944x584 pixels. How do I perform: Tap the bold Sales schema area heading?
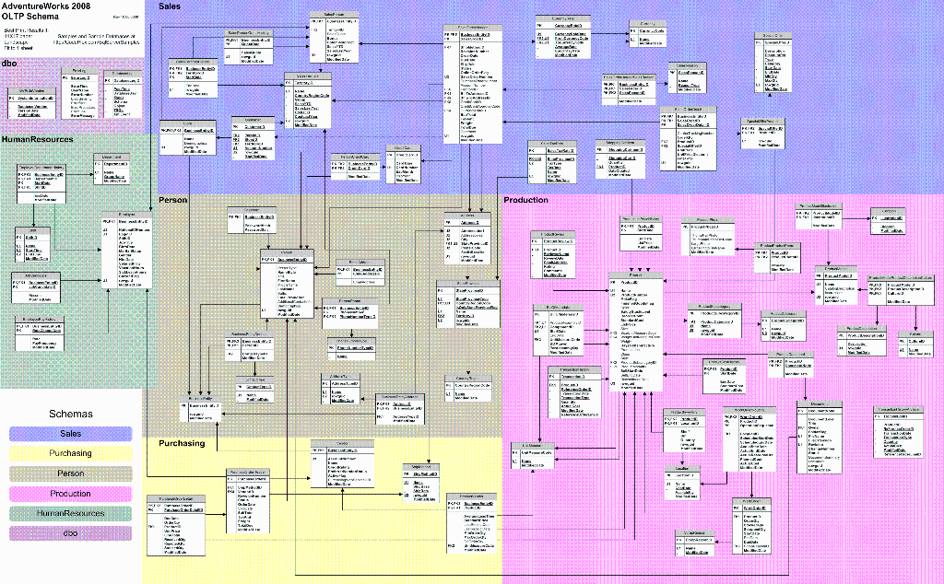pyautogui.click(x=170, y=6)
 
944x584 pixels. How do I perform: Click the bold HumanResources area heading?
pyautogui.click(x=37, y=139)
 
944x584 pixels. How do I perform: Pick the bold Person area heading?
pyautogui.click(x=172, y=199)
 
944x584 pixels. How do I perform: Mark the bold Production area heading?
pyautogui.click(x=525, y=199)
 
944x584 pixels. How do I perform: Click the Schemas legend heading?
pyautogui.click(x=71, y=415)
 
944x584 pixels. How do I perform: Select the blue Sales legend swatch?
pyautogui.click(x=70, y=433)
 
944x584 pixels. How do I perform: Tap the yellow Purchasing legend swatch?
pyautogui.click(x=70, y=453)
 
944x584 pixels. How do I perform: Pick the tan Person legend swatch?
pyautogui.click(x=70, y=473)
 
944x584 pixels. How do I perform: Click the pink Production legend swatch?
pyautogui.click(x=70, y=494)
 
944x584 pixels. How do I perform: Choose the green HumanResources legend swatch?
pyautogui.click(x=70, y=513)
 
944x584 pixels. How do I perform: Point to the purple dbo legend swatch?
pyautogui.click(x=70, y=533)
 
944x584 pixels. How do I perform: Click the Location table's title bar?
pyautogui.click(x=683, y=467)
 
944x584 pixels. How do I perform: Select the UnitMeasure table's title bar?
pyautogui.click(x=533, y=445)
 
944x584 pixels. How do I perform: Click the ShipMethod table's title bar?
pyautogui.click(x=421, y=468)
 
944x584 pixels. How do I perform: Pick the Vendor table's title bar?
pyautogui.click(x=342, y=443)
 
